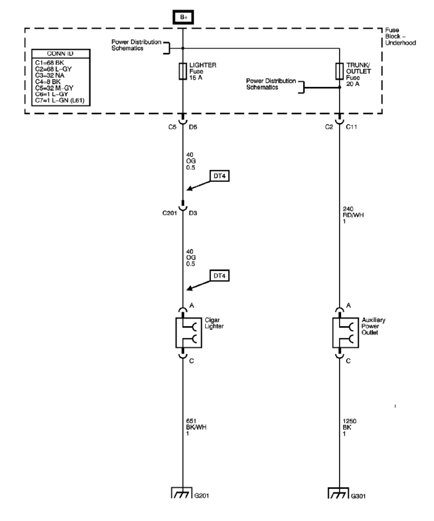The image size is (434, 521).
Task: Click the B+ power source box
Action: click(183, 17)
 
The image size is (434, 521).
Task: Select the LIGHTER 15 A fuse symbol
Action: click(183, 71)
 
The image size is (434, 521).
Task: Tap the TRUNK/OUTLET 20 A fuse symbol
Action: click(339, 71)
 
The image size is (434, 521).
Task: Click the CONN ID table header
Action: click(61, 54)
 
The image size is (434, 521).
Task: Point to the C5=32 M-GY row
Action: click(54, 88)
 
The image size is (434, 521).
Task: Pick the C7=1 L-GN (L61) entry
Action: click(60, 100)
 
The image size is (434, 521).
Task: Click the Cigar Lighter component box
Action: click(189, 332)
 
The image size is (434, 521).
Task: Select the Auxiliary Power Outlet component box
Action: click(346, 332)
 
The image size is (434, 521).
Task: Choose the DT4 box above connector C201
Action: click(220, 176)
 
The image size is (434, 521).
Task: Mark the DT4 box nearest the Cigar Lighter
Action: click(220, 276)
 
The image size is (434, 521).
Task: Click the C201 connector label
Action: click(170, 213)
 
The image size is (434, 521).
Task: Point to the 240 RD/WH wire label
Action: click(353, 215)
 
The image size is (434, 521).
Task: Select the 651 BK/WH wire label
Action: click(196, 427)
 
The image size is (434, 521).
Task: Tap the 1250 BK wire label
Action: click(349, 427)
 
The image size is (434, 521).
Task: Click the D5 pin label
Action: click(193, 127)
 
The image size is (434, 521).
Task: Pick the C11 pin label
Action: click(351, 127)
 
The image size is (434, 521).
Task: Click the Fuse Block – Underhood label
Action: click(400, 36)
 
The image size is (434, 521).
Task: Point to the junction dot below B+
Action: click(183, 48)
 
